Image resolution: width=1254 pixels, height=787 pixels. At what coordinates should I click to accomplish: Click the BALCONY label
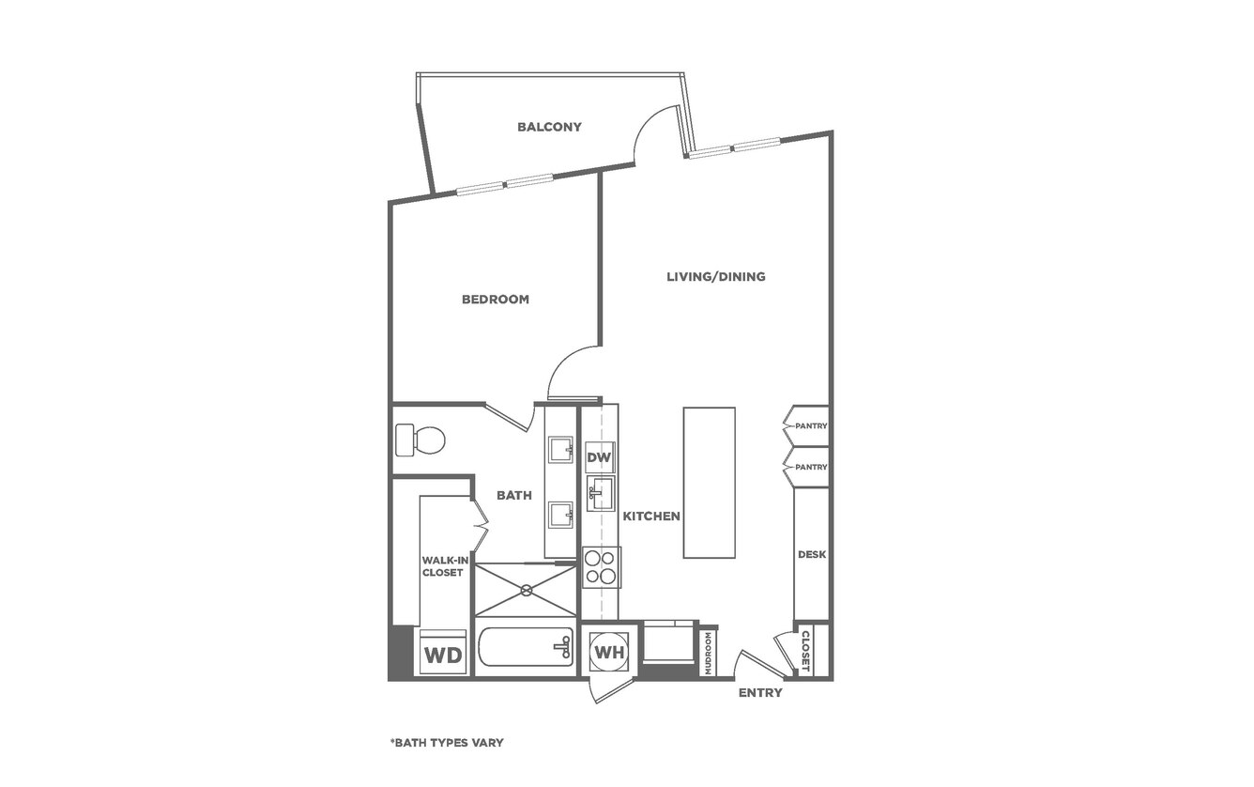coord(549,127)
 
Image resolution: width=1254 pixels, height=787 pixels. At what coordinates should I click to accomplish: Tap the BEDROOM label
coord(496,300)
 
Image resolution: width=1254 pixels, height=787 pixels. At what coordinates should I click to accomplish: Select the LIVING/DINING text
coord(716,277)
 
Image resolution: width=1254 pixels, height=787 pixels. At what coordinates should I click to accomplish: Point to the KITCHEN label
coord(651,516)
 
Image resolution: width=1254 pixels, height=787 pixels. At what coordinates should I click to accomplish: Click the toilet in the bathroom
coord(420,440)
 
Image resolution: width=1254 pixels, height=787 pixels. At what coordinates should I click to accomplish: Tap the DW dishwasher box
coord(600,457)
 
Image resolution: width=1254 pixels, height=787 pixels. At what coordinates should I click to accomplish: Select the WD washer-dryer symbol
coord(443,653)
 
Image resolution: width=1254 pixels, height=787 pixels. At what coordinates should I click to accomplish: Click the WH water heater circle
coord(609,652)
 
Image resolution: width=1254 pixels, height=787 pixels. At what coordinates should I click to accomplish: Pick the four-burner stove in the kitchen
coord(602,567)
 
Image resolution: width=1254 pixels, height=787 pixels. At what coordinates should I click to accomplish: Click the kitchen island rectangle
coord(709,483)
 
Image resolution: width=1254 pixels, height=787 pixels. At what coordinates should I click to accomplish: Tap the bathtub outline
coord(527,646)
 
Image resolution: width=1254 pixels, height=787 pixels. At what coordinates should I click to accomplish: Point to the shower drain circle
coord(527,590)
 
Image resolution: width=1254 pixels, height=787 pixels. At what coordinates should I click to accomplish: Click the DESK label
coord(812,554)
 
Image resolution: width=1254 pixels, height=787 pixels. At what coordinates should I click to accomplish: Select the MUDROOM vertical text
coord(708,653)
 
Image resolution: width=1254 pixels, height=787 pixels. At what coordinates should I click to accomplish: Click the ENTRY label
coord(760,693)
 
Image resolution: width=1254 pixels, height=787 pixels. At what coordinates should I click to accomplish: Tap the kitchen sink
coord(601,493)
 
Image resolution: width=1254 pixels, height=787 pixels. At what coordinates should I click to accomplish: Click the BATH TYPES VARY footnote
coord(447,743)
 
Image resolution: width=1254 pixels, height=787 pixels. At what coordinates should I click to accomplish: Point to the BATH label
coord(514,495)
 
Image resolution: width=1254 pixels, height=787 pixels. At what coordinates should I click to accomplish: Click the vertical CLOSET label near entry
coord(805,652)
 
